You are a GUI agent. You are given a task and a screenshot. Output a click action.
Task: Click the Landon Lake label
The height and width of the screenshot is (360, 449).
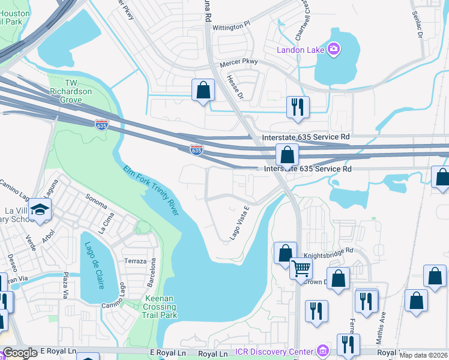tap(300, 49)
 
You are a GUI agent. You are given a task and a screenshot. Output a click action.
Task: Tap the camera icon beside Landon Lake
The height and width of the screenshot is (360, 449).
tap(334, 48)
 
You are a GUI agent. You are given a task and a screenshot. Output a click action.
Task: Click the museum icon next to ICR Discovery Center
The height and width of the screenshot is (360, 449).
tap(323, 350)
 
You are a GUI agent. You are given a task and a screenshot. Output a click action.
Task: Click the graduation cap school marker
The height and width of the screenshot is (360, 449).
tap(40, 209)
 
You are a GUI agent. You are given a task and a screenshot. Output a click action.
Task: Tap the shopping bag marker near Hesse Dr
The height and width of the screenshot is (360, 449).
tap(203, 90)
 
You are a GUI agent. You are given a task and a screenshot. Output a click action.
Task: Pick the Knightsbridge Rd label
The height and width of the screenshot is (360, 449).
tap(328, 254)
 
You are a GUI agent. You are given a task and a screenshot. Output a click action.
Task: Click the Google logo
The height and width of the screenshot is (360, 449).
tap(20, 353)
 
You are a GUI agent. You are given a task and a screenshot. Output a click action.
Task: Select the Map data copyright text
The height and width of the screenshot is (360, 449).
tap(424, 355)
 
